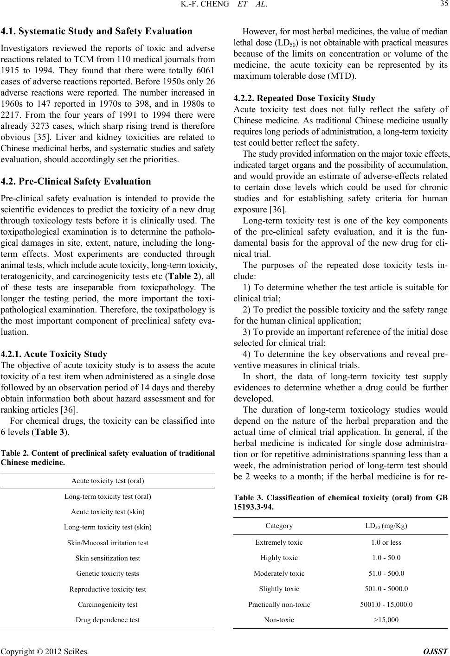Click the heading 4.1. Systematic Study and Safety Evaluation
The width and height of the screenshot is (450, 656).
(x=97, y=32)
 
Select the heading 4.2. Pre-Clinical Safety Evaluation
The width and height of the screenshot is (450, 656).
(x=76, y=181)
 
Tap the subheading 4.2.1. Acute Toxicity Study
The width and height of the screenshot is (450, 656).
(x=54, y=342)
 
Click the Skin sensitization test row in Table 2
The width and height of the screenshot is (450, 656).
(x=107, y=558)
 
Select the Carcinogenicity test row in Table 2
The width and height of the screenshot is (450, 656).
(x=107, y=605)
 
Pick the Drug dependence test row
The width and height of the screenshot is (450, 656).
(x=107, y=619)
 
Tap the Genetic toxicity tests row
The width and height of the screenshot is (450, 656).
(x=107, y=573)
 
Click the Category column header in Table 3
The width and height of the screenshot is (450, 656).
(x=279, y=526)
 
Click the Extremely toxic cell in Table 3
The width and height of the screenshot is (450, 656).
(x=279, y=542)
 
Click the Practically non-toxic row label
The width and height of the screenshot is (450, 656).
(x=279, y=604)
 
